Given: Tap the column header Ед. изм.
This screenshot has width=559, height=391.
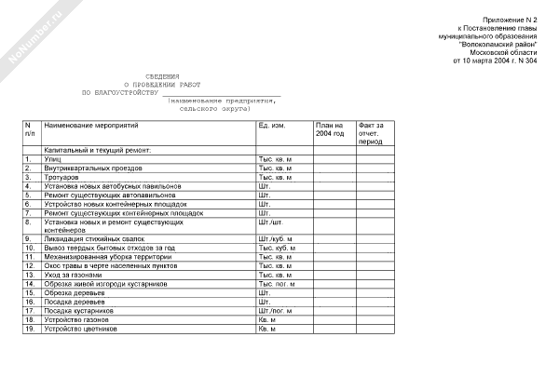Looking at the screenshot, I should (x=271, y=125).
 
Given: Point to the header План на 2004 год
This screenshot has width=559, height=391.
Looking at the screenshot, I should (x=330, y=129).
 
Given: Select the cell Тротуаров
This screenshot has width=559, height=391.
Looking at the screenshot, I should (x=63, y=177).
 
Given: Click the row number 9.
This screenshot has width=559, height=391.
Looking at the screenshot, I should (x=28, y=240).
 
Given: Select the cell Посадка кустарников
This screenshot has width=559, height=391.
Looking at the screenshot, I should (x=81, y=311).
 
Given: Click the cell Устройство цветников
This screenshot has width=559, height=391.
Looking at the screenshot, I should (x=81, y=329).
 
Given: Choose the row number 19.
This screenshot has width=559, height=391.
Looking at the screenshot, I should (x=29, y=329).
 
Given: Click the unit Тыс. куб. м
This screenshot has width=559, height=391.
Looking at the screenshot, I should (x=276, y=249).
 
